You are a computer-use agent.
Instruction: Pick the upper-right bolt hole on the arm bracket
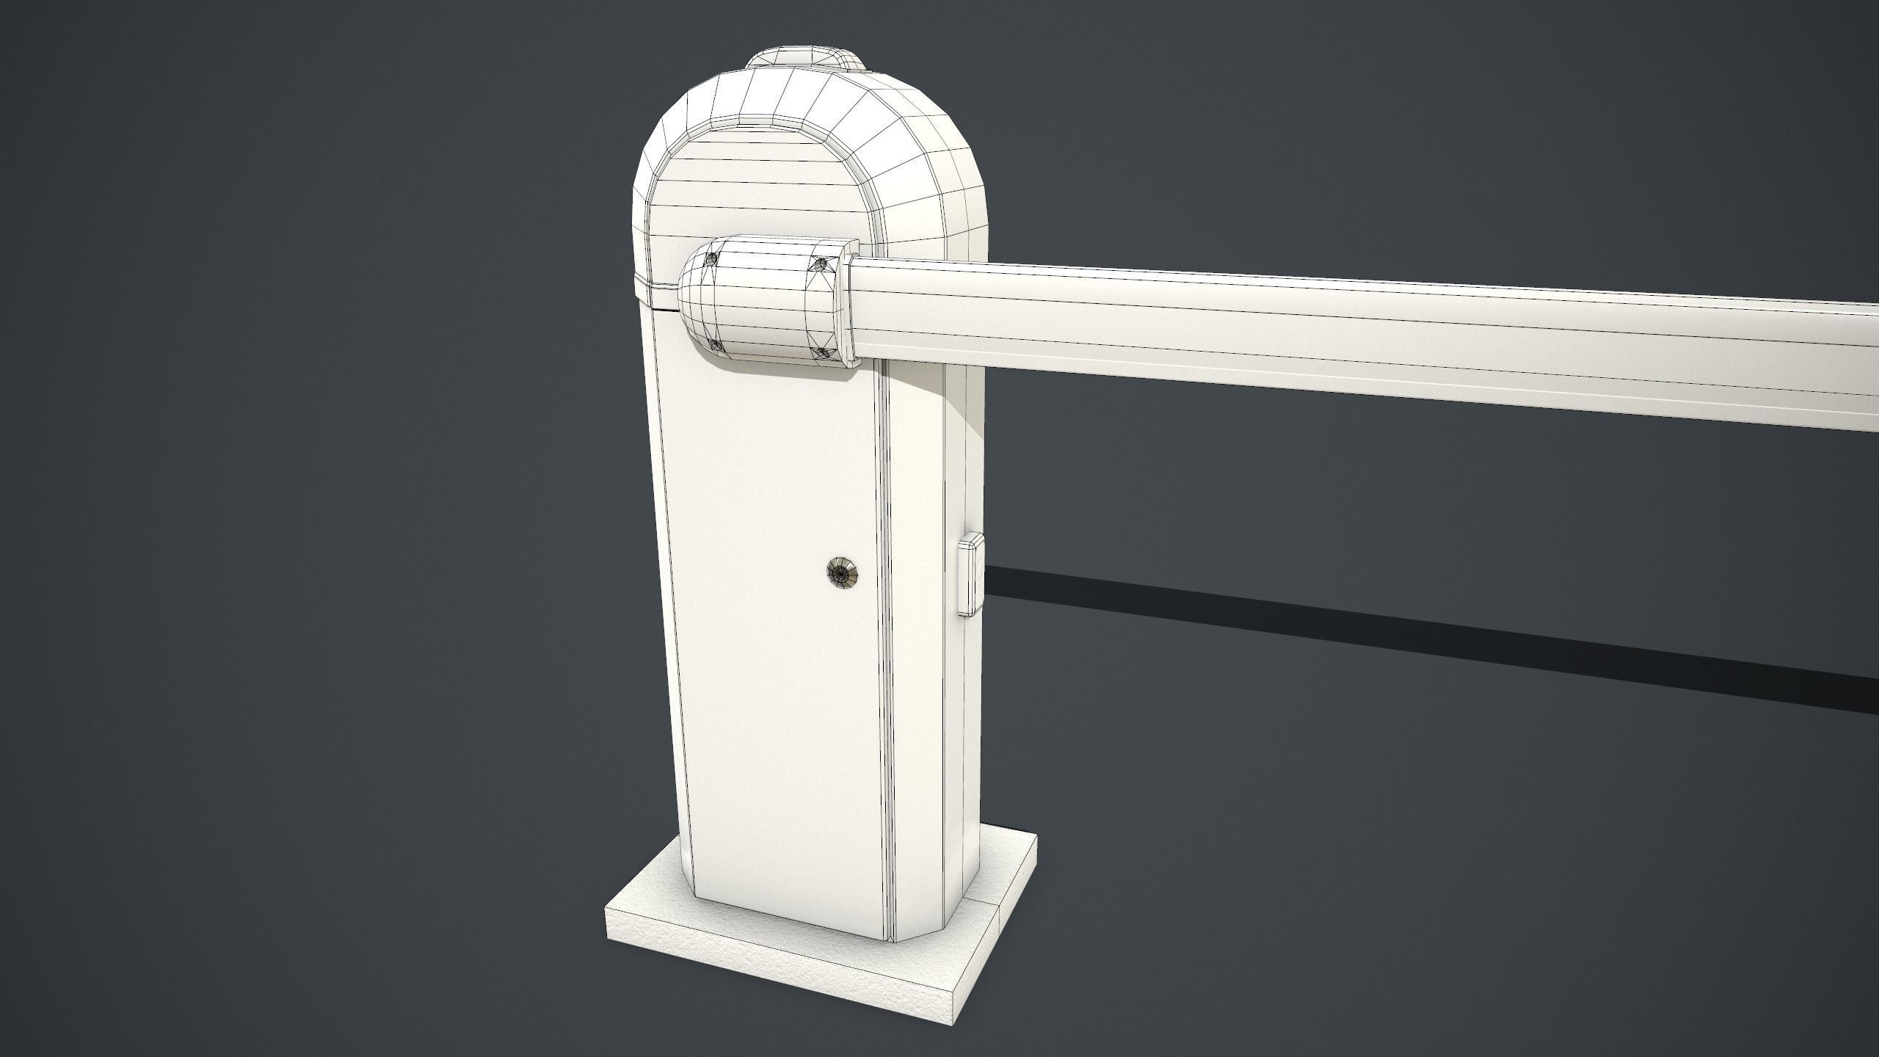point(821,264)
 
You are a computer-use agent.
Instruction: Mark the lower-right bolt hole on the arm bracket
point(823,354)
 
